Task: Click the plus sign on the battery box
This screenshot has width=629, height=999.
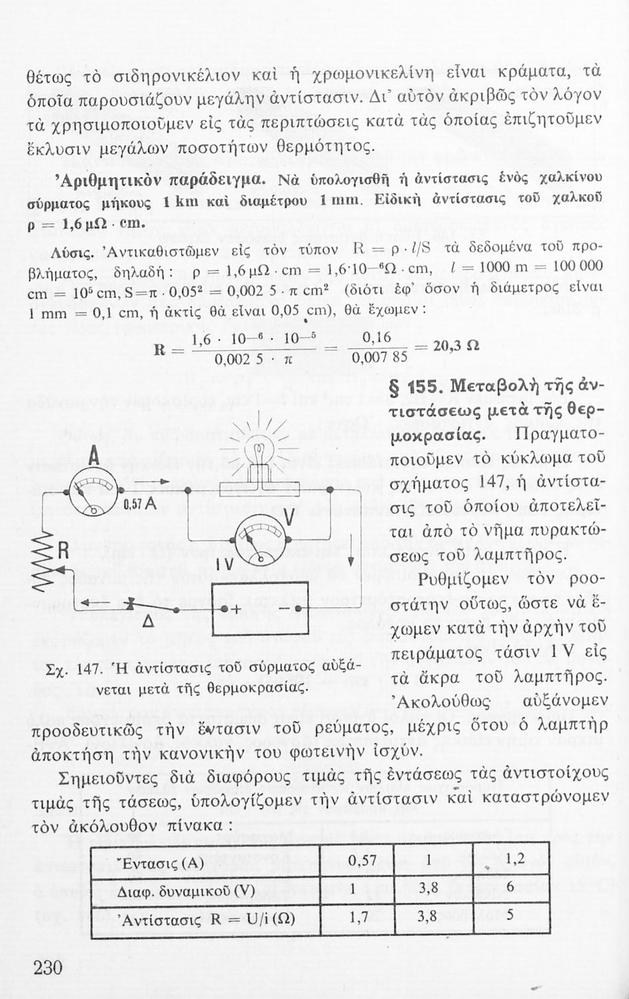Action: point(235,609)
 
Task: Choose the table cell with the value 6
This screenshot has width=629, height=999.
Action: point(510,888)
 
